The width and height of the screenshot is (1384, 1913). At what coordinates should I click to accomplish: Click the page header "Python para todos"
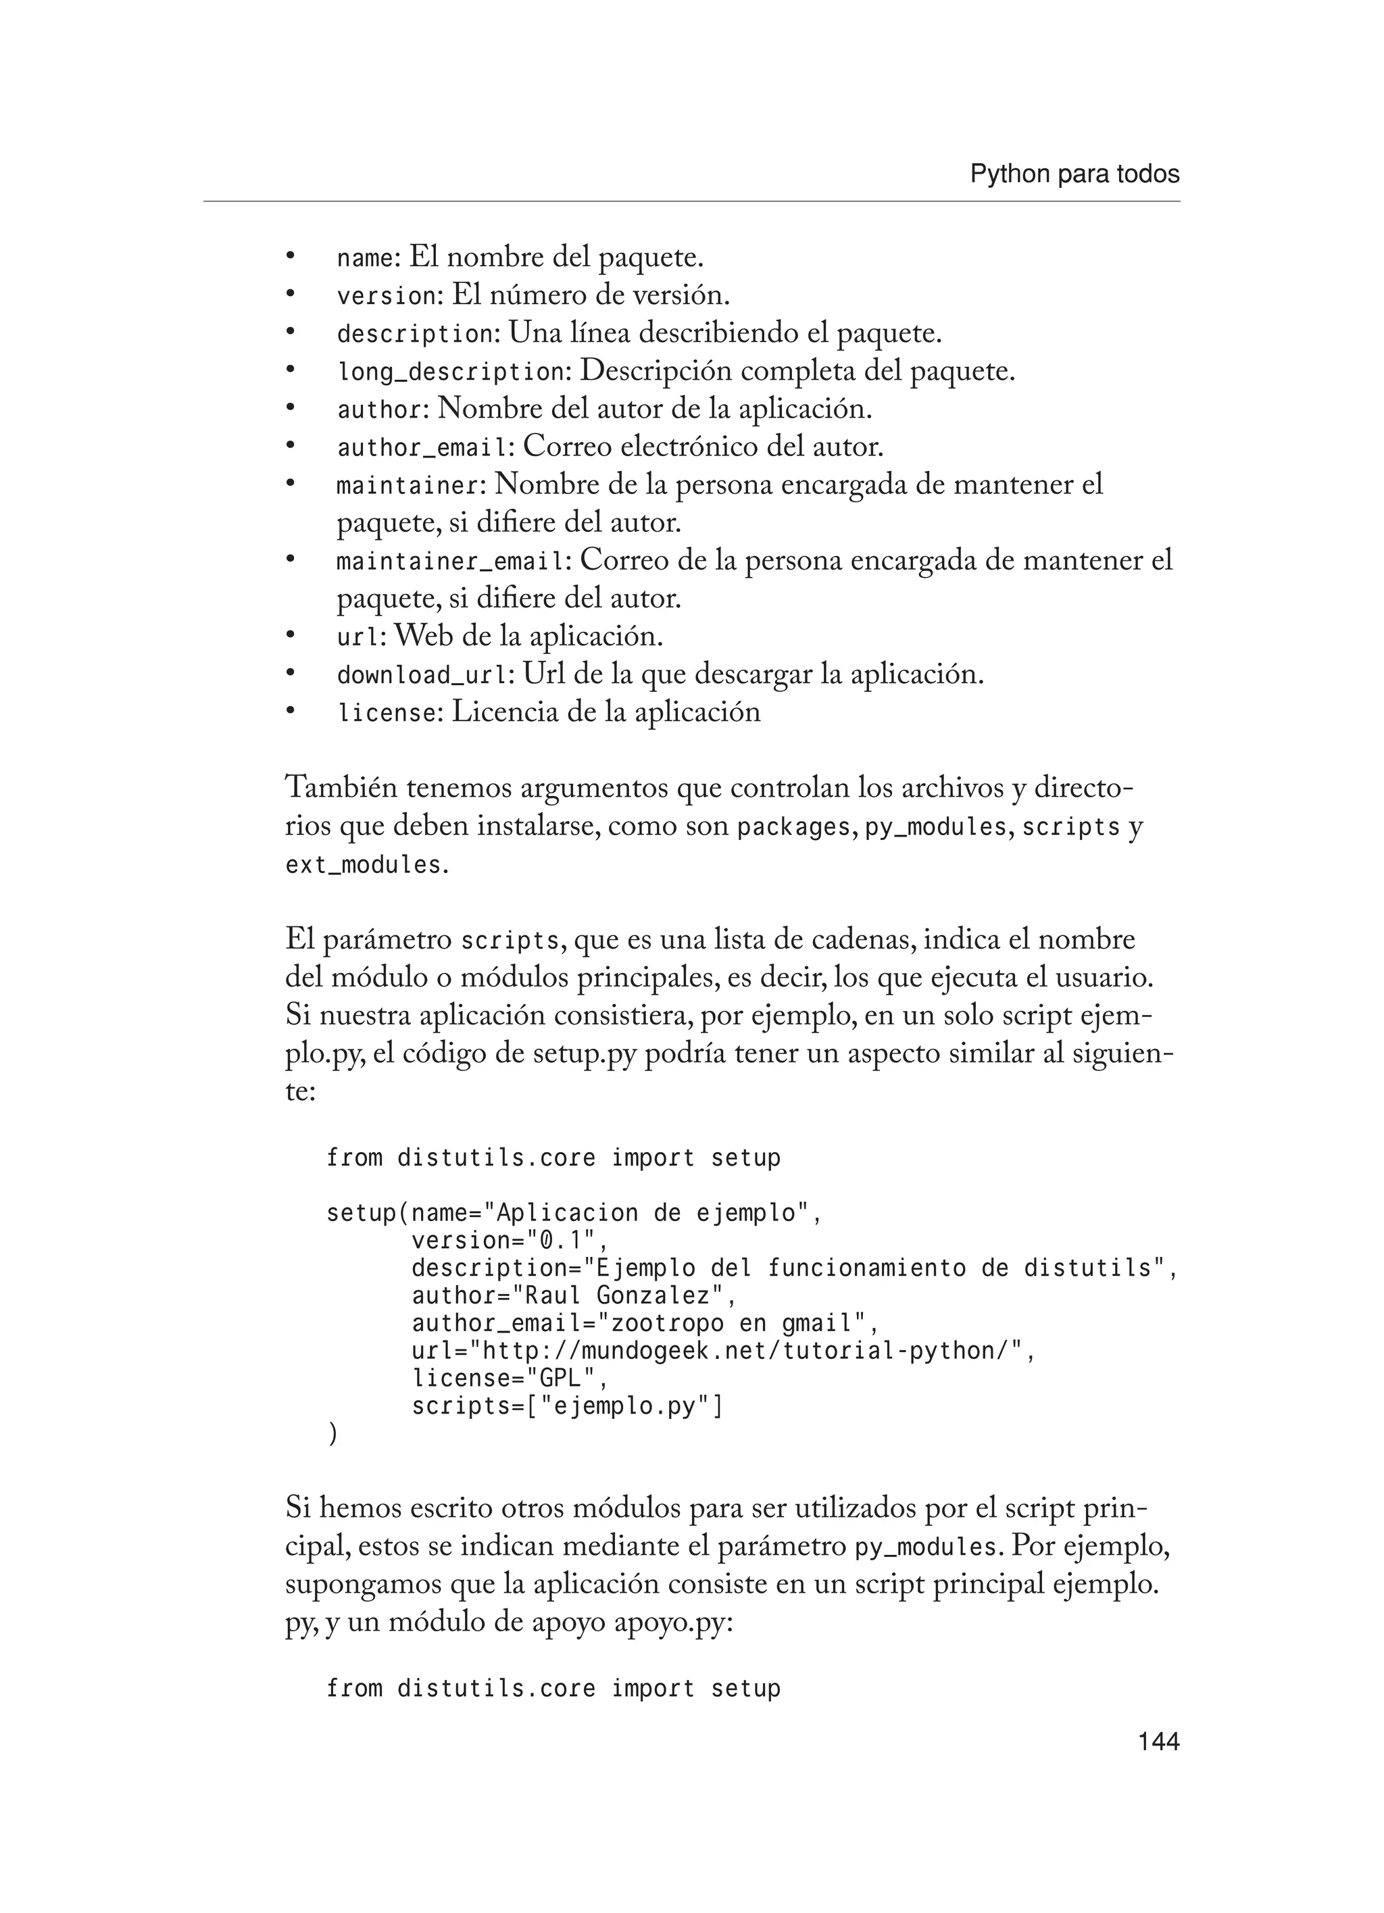click(x=1074, y=174)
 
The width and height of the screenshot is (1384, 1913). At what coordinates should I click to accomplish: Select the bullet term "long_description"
click(x=449, y=372)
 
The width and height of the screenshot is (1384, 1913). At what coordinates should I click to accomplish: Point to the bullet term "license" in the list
click(x=387, y=714)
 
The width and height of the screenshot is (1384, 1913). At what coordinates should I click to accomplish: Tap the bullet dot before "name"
click(x=290, y=255)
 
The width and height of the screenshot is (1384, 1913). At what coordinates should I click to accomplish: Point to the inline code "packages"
click(x=793, y=828)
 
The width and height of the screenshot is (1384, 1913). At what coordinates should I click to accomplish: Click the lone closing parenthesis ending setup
click(x=332, y=1434)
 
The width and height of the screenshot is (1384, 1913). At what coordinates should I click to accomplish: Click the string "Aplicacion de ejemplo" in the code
click(x=646, y=1213)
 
